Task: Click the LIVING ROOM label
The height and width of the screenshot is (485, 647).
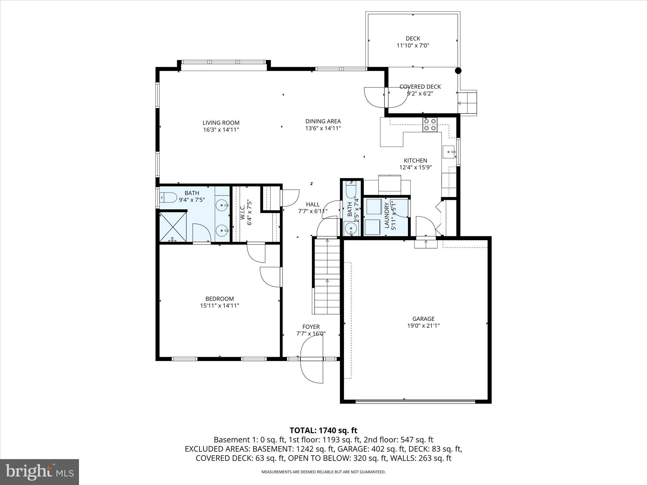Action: pyautogui.click(x=221, y=123)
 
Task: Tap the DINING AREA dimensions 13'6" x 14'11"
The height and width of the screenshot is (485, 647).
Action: pyautogui.click(x=323, y=128)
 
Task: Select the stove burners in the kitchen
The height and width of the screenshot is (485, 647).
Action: pyautogui.click(x=430, y=124)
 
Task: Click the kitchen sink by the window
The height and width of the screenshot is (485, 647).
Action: pyautogui.click(x=449, y=152)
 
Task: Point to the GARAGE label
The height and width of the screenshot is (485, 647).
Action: pyautogui.click(x=423, y=319)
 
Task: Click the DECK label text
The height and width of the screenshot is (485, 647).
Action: pyautogui.click(x=413, y=39)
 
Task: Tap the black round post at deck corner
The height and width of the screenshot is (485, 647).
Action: pyautogui.click(x=458, y=71)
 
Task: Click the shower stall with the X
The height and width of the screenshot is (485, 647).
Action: pyautogui.click(x=172, y=227)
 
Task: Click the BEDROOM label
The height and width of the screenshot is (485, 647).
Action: pyautogui.click(x=220, y=299)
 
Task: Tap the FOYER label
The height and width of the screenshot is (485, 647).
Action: pyautogui.click(x=311, y=327)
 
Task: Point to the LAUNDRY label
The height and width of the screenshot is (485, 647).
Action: pyautogui.click(x=387, y=215)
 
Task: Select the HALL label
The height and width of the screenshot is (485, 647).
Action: pyautogui.click(x=312, y=205)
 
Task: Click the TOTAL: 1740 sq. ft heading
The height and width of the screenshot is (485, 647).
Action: pyautogui.click(x=323, y=430)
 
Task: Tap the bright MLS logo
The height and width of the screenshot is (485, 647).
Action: pyautogui.click(x=39, y=472)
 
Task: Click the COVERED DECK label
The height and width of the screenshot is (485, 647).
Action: pyautogui.click(x=420, y=87)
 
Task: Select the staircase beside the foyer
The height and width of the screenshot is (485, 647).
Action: pyautogui.click(x=327, y=276)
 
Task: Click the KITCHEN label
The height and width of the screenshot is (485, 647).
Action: pyautogui.click(x=415, y=161)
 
